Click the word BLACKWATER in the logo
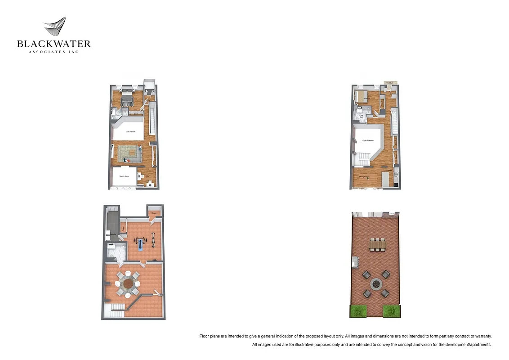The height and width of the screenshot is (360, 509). point(54,44)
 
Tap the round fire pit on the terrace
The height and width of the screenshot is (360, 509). point(376,284)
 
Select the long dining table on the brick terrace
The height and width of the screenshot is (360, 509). point(377,244)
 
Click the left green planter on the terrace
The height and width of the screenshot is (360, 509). point(358,311)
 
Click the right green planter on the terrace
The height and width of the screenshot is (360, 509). point(391,311)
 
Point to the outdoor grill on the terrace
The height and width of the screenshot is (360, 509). point(355,262)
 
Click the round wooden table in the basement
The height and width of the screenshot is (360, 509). point(129,283)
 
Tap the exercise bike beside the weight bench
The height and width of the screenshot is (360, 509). point(152,239)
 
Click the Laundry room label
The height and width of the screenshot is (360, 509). point(113,235)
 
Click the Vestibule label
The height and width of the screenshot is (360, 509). point(390,83)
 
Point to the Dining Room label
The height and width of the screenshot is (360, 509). point(364,177)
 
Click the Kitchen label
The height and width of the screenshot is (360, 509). point(385,171)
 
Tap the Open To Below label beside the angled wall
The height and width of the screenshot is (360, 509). point(368,141)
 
